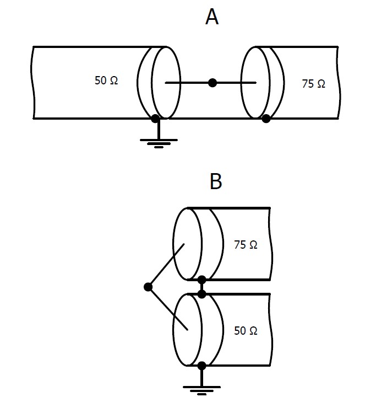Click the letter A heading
coord(212,17)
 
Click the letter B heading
coord(216,181)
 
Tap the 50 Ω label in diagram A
coord(106,81)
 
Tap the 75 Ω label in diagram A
coord(313,84)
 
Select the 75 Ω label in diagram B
coord(246,244)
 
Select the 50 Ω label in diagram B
coord(246,331)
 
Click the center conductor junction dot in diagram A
coord(212,83)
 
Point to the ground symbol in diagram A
coord(159,143)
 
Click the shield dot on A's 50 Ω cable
coord(155,118)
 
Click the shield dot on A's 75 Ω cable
coord(266,118)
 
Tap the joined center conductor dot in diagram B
coord(148,287)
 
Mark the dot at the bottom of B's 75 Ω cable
coord(202,280)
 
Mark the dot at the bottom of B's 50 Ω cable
coord(201,365)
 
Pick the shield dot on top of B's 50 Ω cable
coord(202,293)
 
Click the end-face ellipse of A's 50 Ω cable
coord(166,83)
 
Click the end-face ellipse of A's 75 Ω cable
coord(255,83)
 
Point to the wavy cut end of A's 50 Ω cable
coord(34,83)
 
